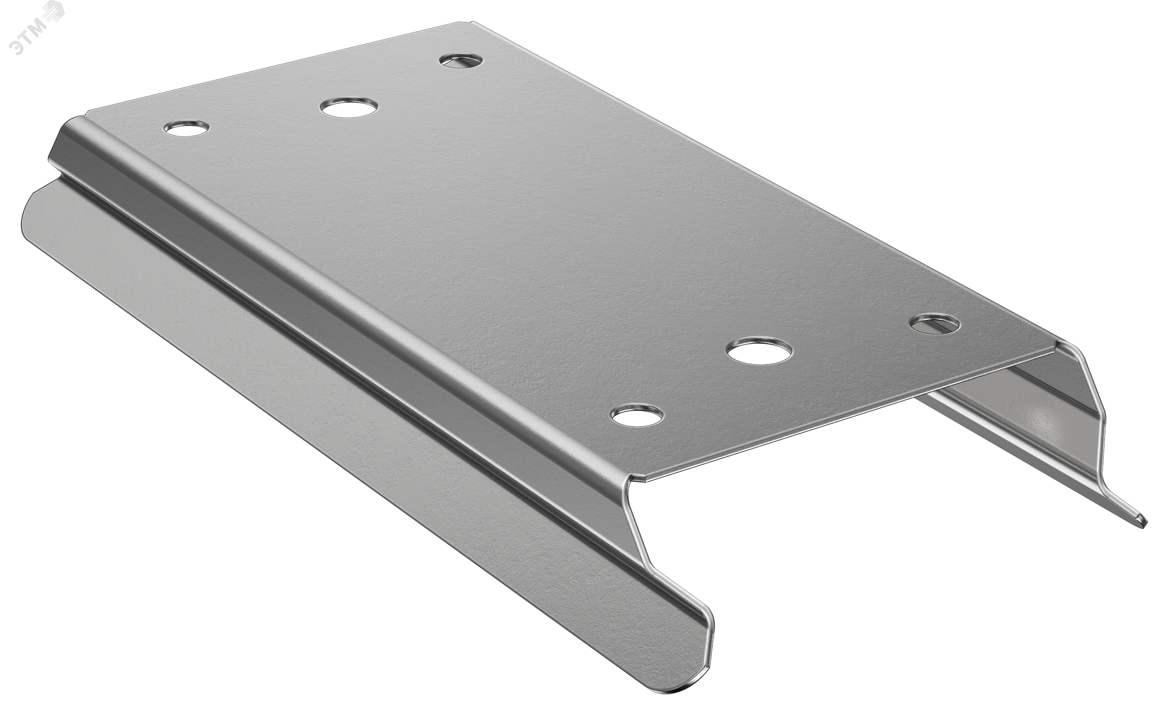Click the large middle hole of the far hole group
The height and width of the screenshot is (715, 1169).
click(x=350, y=107)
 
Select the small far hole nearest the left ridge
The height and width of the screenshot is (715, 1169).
click(x=186, y=128)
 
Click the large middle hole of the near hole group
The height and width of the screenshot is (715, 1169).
click(x=759, y=351)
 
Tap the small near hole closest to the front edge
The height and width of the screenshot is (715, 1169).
click(x=637, y=415)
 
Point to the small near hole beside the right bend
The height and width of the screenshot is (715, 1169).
click(x=935, y=324)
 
